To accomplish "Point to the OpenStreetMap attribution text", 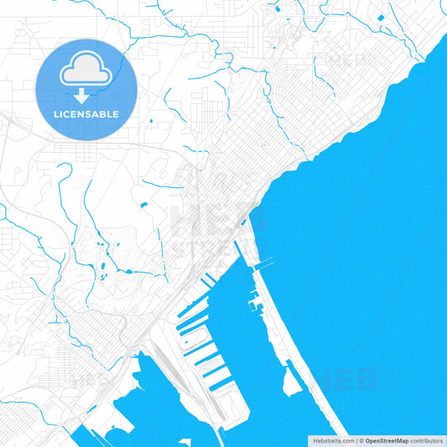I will [x=387, y=440].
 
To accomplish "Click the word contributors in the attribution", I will [x=427, y=440].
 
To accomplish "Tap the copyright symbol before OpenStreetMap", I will [x=361, y=440].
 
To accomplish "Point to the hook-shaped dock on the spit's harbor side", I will [x=253, y=295].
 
